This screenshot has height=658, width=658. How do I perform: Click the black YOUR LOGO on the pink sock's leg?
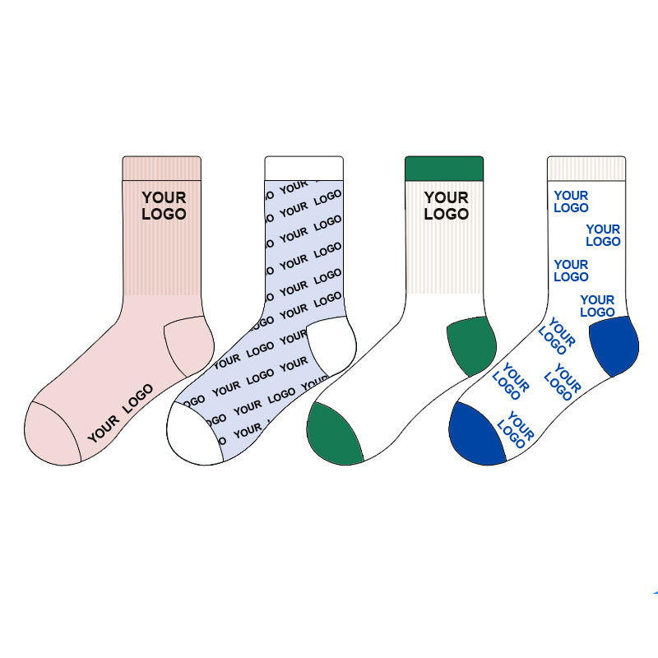(x=164, y=206)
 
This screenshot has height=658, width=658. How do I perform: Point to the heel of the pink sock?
(x=189, y=345)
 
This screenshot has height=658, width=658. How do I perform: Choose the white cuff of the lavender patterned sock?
(x=303, y=166)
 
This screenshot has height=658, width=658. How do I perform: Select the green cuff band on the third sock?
(x=444, y=166)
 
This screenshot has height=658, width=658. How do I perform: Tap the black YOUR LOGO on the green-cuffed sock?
(x=446, y=206)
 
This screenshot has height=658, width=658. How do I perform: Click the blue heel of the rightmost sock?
(x=614, y=344)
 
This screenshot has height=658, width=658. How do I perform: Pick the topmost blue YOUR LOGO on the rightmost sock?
(x=571, y=202)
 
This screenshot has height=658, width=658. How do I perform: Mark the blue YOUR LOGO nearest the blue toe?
(x=516, y=429)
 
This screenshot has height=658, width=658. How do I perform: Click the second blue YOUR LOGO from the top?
(x=603, y=235)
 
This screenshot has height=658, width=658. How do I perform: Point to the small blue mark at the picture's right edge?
(x=655, y=592)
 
